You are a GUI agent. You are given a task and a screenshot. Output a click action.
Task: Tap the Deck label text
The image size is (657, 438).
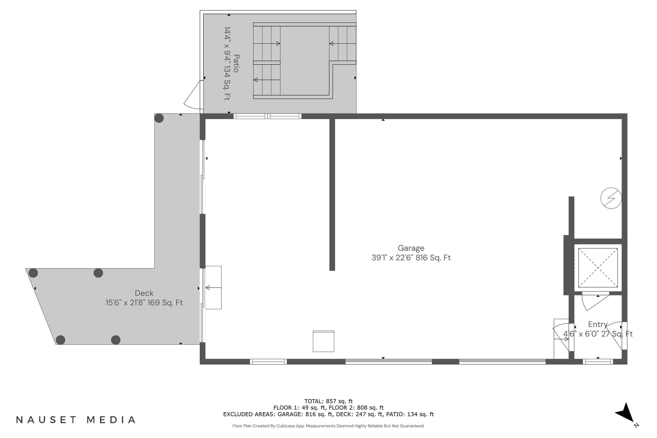click(144, 293)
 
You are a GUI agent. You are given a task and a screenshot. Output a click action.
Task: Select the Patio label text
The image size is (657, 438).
click(236, 64)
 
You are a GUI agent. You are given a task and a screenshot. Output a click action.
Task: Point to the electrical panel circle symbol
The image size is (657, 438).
click(611, 198)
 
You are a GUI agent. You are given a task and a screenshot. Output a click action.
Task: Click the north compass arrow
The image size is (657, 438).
click(626, 413)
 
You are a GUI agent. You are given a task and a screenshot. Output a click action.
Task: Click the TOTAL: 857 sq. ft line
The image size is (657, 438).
click(328, 401)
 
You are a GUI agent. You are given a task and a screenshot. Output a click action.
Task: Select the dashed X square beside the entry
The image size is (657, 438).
click(598, 268)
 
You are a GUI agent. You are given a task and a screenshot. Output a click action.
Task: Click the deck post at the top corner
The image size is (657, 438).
click(159, 118)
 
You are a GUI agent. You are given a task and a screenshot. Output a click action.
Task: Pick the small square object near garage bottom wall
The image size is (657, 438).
click(323, 341)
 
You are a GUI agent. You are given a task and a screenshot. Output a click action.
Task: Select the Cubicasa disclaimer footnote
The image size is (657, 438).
click(328, 426)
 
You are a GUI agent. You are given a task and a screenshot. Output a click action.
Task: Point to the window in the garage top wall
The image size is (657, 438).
click(267, 116)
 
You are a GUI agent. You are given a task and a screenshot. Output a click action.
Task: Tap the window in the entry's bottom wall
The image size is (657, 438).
click(598, 362)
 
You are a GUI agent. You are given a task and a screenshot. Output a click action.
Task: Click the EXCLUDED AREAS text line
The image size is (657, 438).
click(328, 414)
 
